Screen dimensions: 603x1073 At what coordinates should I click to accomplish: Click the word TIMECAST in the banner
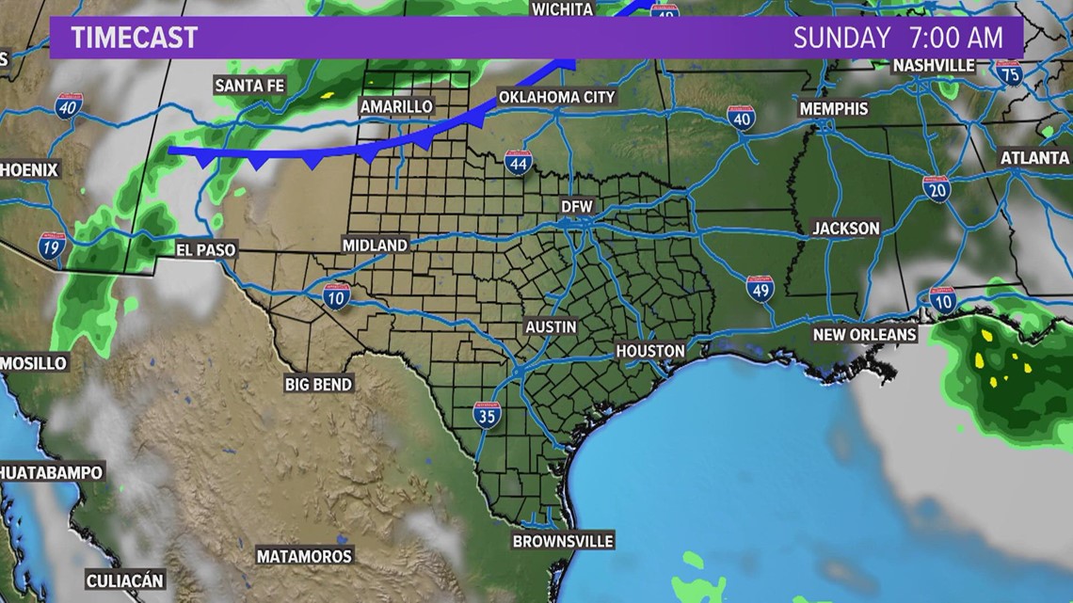pyautogui.click(x=135, y=38)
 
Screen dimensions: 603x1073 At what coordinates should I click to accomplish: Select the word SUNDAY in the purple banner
pyautogui.click(x=841, y=38)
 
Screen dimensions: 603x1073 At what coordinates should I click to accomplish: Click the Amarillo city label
pyautogui.click(x=396, y=107)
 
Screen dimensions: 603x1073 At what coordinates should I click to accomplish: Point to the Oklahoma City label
pyautogui.click(x=556, y=97)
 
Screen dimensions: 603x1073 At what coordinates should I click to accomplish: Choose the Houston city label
pyautogui.click(x=650, y=350)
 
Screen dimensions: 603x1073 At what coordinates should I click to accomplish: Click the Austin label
pyautogui.click(x=551, y=326)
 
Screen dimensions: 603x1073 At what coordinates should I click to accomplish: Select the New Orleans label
pyautogui.click(x=865, y=335)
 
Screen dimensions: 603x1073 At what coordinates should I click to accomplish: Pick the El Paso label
pyautogui.click(x=206, y=250)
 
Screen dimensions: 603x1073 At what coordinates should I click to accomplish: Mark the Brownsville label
pyautogui.click(x=563, y=541)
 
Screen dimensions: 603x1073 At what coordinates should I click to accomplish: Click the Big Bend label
pyautogui.click(x=318, y=384)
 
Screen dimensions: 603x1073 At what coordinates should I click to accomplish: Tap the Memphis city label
pyautogui.click(x=834, y=109)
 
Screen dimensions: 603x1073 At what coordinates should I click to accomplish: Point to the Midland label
pyautogui.click(x=375, y=245)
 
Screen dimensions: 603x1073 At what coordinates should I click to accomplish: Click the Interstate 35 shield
pyautogui.click(x=487, y=415)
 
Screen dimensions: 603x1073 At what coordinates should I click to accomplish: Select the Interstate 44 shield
pyautogui.click(x=518, y=162)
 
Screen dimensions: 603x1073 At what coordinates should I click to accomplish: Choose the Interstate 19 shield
pyautogui.click(x=53, y=246)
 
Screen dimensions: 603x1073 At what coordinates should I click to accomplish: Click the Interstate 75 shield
pyautogui.click(x=1010, y=72)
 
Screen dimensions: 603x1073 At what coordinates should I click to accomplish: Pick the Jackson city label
pyautogui.click(x=846, y=229)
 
